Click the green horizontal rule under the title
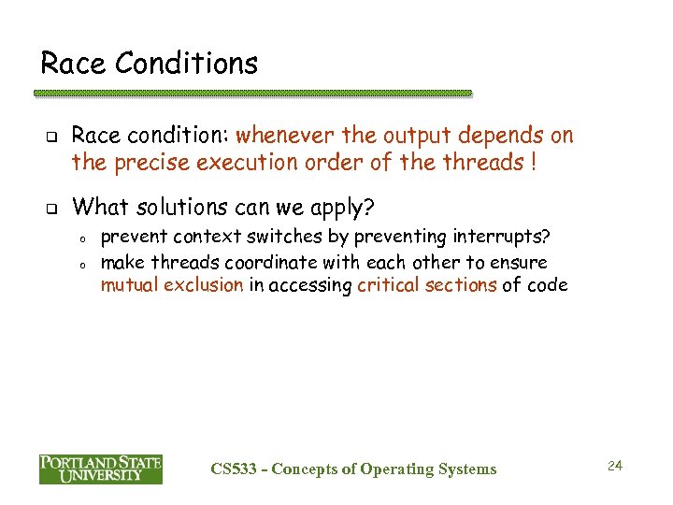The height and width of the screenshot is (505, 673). pyautogui.click(x=252, y=94)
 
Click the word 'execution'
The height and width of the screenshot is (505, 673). pyautogui.click(x=241, y=163)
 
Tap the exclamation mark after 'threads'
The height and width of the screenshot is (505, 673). pyautogui.click(x=532, y=162)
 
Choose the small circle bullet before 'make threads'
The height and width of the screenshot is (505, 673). pyautogui.click(x=82, y=264)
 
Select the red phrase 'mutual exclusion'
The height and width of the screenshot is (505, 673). pyautogui.click(x=171, y=285)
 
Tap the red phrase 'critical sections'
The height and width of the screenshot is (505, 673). pyautogui.click(x=426, y=285)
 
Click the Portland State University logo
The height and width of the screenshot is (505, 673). pyautogui.click(x=100, y=469)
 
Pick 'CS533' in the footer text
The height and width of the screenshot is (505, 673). pyautogui.click(x=234, y=469)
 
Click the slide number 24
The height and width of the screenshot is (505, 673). pyautogui.click(x=614, y=465)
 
